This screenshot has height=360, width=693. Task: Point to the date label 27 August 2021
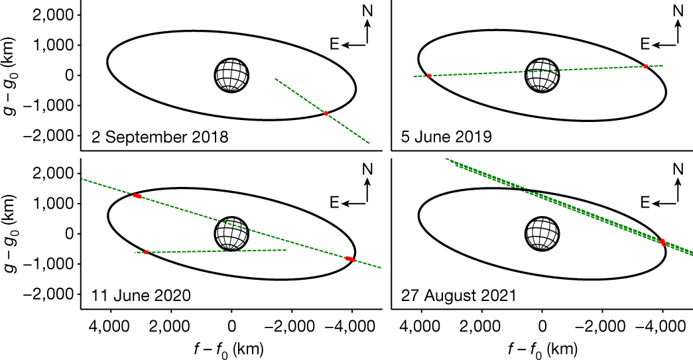458,296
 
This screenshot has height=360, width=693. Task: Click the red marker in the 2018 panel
326,113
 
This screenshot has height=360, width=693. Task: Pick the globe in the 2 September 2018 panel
231,75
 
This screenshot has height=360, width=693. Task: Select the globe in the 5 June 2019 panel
542,75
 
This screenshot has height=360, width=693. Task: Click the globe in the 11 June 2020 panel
231,233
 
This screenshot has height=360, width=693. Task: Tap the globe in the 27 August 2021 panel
542,233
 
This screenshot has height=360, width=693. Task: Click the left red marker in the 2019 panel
428,76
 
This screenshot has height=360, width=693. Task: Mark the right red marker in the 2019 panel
645,66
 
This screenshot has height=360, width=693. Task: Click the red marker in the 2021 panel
662,243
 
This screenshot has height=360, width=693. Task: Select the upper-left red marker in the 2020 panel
137,196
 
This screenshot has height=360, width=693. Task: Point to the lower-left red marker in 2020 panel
146,252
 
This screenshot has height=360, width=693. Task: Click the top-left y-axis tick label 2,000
56,15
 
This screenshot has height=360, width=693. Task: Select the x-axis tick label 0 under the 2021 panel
542,326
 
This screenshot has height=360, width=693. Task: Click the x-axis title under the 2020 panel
231,349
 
